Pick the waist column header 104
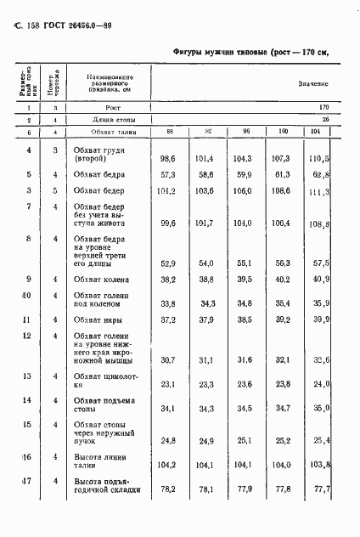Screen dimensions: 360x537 (x=315, y=132)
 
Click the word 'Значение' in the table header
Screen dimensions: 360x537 (x=312, y=83)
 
